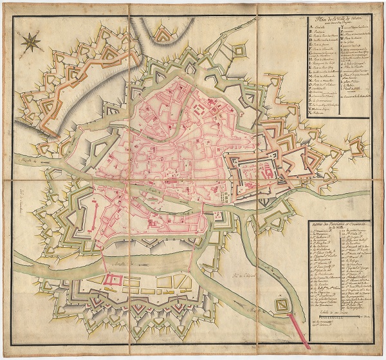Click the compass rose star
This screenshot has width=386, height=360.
coord(30,43)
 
